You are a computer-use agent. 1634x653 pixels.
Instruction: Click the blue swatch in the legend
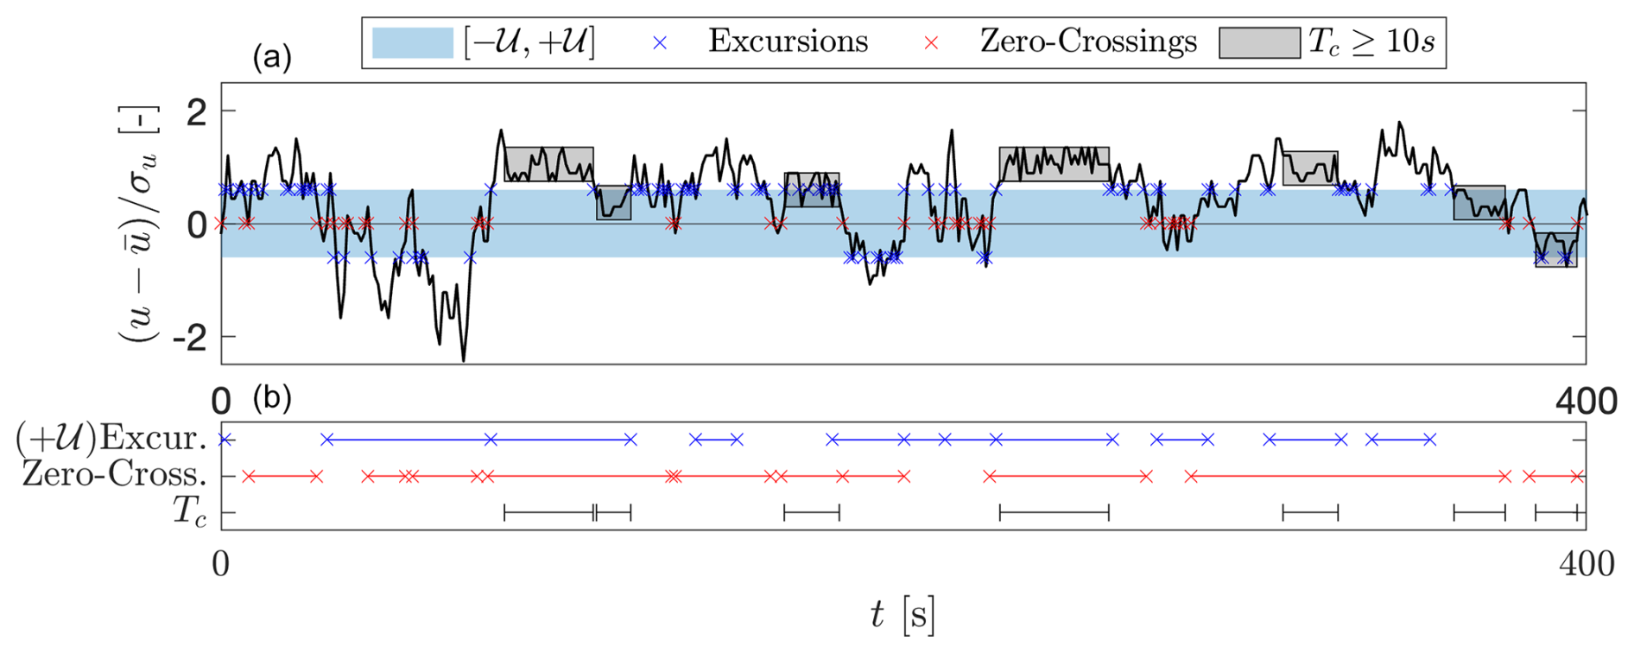(x=412, y=42)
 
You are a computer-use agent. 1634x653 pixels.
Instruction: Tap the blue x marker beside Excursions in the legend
(x=660, y=42)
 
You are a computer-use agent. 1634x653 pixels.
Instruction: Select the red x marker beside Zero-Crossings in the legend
(x=931, y=42)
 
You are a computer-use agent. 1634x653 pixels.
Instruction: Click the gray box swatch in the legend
(x=1259, y=42)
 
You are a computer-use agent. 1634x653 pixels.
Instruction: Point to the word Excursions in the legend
(x=788, y=41)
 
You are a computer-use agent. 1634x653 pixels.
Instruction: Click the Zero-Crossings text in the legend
(x=1088, y=41)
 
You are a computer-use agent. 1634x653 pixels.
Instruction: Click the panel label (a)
(x=272, y=58)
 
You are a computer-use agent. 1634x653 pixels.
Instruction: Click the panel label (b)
(x=272, y=398)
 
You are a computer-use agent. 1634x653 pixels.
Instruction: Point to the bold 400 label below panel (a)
(x=1586, y=402)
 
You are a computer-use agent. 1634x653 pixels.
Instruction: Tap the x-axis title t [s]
(x=902, y=615)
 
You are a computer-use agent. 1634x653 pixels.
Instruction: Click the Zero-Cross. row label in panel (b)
(x=114, y=475)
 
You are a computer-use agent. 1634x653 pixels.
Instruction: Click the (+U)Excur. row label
(x=111, y=439)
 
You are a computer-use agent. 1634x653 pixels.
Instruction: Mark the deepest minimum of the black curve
(x=464, y=360)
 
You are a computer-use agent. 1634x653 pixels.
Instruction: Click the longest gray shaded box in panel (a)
(x=1054, y=164)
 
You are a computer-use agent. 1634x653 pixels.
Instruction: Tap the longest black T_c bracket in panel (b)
(x=1054, y=513)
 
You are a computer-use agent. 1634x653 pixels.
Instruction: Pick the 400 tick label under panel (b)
(x=1586, y=564)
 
